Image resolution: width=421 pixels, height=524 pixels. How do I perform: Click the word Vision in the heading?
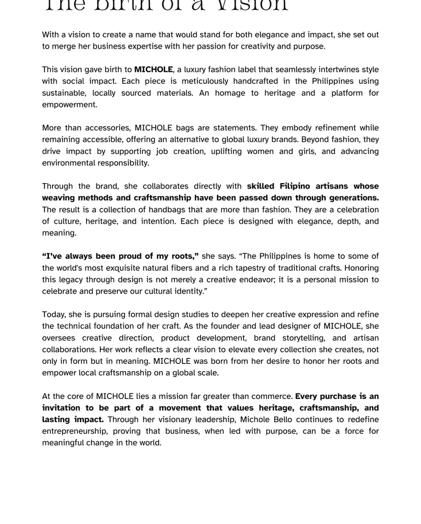(252, 4)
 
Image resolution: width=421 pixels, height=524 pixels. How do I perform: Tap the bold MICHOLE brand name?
(153, 70)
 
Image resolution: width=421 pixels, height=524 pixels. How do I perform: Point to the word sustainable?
(63, 93)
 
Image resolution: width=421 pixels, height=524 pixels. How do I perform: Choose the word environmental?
(69, 163)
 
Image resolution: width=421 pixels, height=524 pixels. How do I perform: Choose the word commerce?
(272, 396)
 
